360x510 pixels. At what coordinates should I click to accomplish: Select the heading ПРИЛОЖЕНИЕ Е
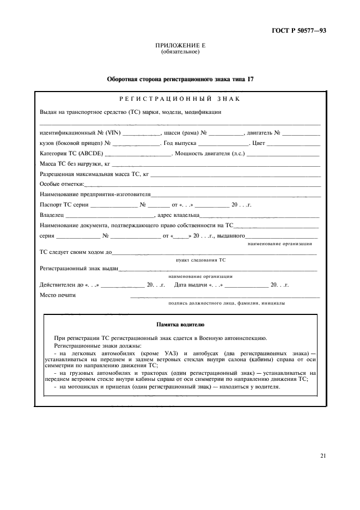pos(180,46)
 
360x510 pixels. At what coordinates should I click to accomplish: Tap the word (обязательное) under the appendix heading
pos(180,52)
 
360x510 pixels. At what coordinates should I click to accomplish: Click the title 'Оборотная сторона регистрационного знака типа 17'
pos(180,80)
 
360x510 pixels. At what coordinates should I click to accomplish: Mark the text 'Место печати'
pos(58,295)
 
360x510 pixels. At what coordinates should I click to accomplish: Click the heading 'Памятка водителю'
pos(180,325)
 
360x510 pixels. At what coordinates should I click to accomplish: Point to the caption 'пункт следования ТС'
pos(200,260)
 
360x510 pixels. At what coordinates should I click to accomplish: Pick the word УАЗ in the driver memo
pos(175,354)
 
